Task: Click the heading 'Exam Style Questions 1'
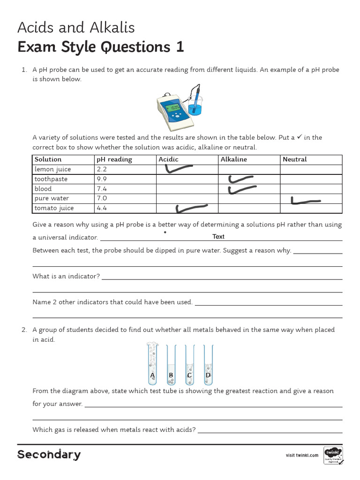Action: point(100,47)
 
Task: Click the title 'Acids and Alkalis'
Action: point(76,28)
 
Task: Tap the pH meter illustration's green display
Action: point(174,108)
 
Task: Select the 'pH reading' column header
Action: point(114,159)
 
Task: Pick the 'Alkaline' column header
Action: point(233,159)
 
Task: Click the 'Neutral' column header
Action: point(294,159)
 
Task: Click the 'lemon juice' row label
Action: point(52,169)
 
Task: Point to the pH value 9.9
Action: point(102,179)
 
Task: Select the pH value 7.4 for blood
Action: point(102,189)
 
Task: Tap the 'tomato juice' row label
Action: point(54,208)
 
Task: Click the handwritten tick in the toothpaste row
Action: point(240,179)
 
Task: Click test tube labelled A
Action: point(152,364)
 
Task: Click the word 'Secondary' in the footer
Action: point(49,455)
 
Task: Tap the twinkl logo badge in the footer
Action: point(333,455)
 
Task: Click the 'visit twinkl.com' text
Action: point(302,455)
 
